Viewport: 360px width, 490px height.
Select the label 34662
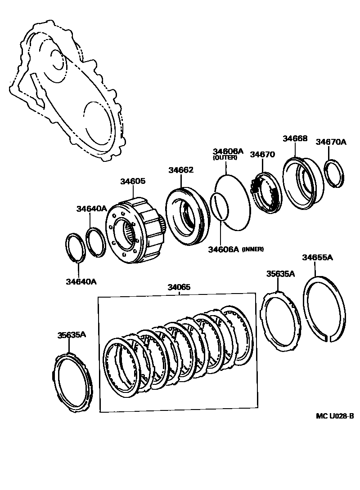point(181,170)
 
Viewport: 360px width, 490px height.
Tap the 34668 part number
point(295,139)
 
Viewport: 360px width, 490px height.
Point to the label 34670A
point(331,142)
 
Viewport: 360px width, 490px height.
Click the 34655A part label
point(317,258)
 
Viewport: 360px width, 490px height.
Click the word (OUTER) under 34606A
point(225,158)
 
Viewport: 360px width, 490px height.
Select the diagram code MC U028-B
point(335,416)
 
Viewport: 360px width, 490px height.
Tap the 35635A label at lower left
point(69,334)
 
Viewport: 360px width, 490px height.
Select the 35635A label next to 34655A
point(280,273)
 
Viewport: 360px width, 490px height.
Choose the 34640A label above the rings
point(91,209)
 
